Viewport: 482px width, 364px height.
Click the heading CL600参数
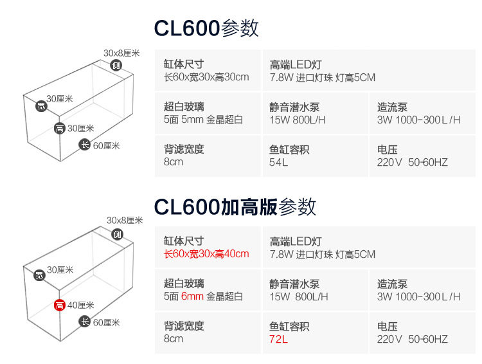coord(206,28)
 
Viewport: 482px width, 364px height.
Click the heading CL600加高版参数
coord(235,206)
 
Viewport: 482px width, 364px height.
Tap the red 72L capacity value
coord(278,339)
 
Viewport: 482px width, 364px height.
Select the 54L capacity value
coord(278,162)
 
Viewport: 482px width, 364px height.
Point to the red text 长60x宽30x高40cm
coord(206,254)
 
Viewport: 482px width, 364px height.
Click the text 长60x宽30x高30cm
coord(206,77)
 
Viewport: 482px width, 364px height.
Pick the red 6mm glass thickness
coord(192,296)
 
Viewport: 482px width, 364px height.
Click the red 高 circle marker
coord(59,305)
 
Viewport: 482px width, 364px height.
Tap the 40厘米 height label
coord(81,305)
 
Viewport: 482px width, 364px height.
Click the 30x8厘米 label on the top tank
coord(121,53)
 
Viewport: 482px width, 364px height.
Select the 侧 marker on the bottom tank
coord(117,233)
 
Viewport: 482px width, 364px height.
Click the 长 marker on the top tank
coord(84,145)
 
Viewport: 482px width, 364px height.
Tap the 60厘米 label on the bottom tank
coord(107,322)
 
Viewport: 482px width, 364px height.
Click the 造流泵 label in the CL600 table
coord(392,107)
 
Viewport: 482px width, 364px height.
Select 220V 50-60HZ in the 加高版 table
coord(412,339)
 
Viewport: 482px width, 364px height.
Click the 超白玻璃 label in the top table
coord(184,107)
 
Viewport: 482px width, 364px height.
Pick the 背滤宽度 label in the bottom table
coord(184,327)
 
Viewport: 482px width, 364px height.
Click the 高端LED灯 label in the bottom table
coord(296,242)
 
